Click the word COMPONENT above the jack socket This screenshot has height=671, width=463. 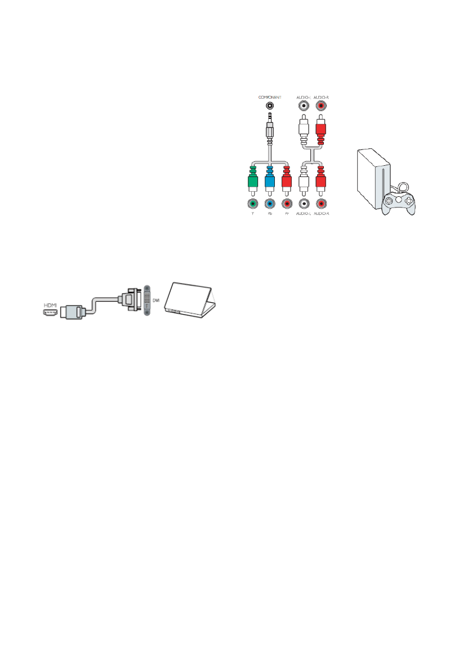tap(271, 97)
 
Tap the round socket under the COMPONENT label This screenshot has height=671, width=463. tap(271, 105)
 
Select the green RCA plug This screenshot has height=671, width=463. tap(253, 180)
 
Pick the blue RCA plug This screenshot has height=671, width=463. tap(270, 180)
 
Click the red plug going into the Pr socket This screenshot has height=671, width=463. tap(287, 180)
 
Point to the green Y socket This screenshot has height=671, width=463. tap(253, 204)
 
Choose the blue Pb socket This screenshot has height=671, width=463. tap(270, 204)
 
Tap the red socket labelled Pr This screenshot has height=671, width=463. tap(287, 204)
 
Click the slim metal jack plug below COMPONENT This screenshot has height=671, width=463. tap(271, 127)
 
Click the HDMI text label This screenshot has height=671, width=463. tap(50, 303)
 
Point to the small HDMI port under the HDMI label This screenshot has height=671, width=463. tap(50, 311)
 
